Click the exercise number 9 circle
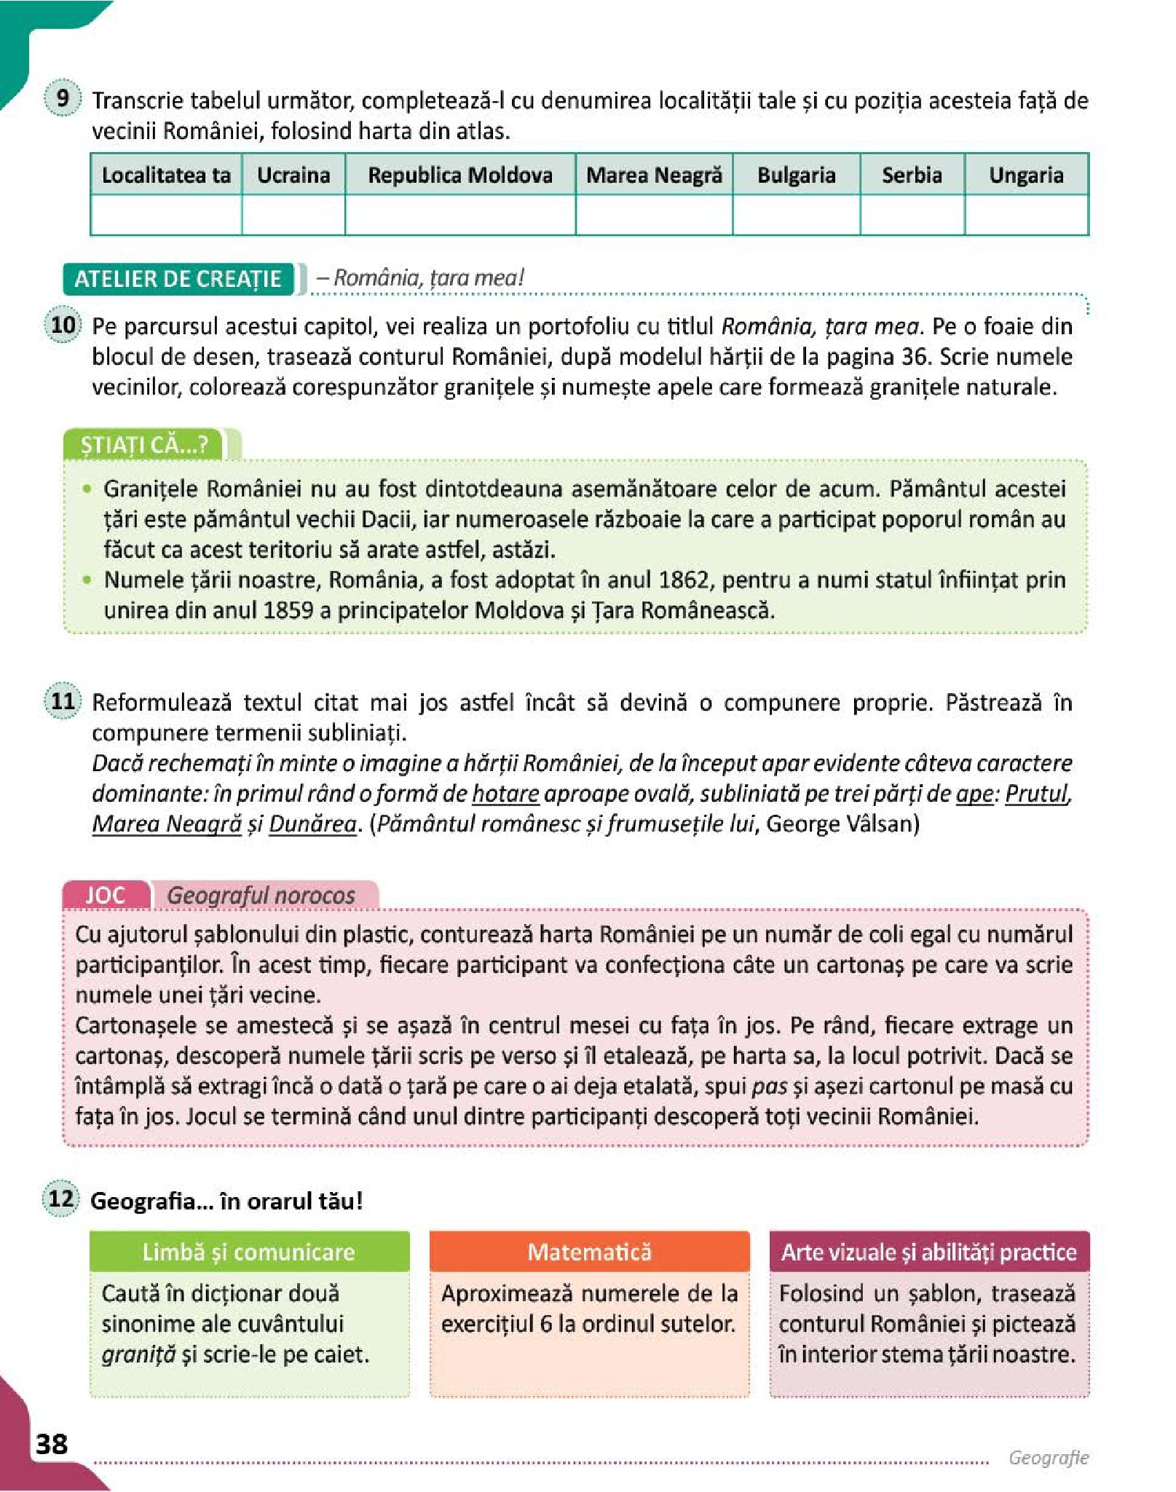[x=63, y=98]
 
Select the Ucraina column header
[x=293, y=175]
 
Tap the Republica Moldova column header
[x=460, y=175]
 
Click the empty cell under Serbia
[x=912, y=216]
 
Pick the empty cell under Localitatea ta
[x=166, y=216]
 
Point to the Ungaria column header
[x=1026, y=175]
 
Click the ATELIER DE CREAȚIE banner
[x=178, y=279]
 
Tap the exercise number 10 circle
[x=63, y=325]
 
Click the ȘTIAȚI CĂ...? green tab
[x=144, y=444]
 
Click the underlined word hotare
[x=505, y=793]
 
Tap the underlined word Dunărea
[x=312, y=824]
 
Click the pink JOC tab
[x=106, y=895]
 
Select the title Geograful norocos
[x=261, y=895]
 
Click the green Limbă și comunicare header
[x=249, y=1252]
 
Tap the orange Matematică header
[x=589, y=1252]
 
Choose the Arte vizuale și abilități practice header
[x=928, y=1252]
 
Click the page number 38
[x=52, y=1443]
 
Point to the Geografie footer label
[x=1048, y=1457]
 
